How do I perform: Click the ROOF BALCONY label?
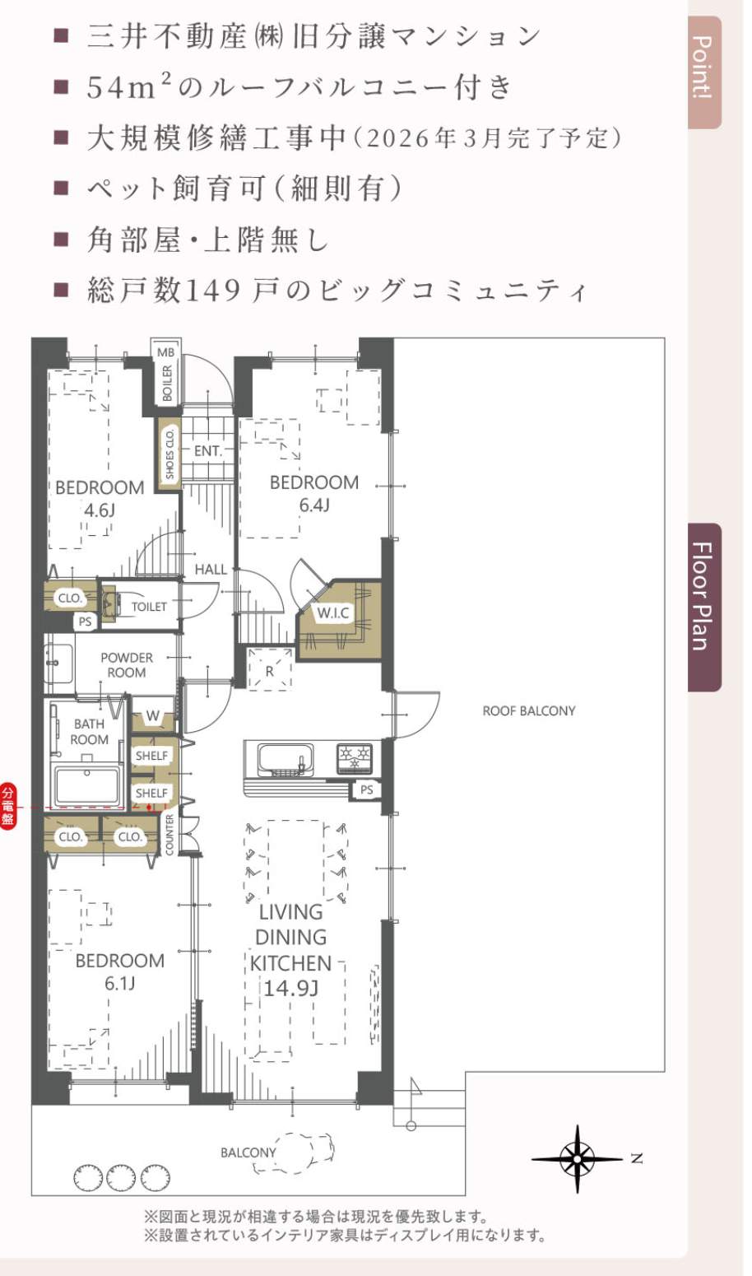tap(529, 711)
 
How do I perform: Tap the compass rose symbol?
tap(577, 1158)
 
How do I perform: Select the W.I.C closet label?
tap(333, 613)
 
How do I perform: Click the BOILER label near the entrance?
tap(167, 383)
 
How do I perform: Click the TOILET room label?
tap(149, 607)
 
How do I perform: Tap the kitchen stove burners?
tap(355, 758)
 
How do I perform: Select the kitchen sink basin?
tap(285, 759)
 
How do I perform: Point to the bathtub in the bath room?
tap(87, 787)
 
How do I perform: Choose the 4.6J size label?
tap(100, 510)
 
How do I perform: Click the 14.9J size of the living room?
tap(291, 987)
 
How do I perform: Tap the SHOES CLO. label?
tap(169, 454)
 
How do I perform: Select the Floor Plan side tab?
tap(704, 607)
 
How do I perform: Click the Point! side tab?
tap(704, 72)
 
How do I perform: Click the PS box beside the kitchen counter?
tap(367, 789)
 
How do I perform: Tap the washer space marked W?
tap(152, 716)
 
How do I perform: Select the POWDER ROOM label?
tap(127, 665)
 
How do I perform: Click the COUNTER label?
tap(169, 835)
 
